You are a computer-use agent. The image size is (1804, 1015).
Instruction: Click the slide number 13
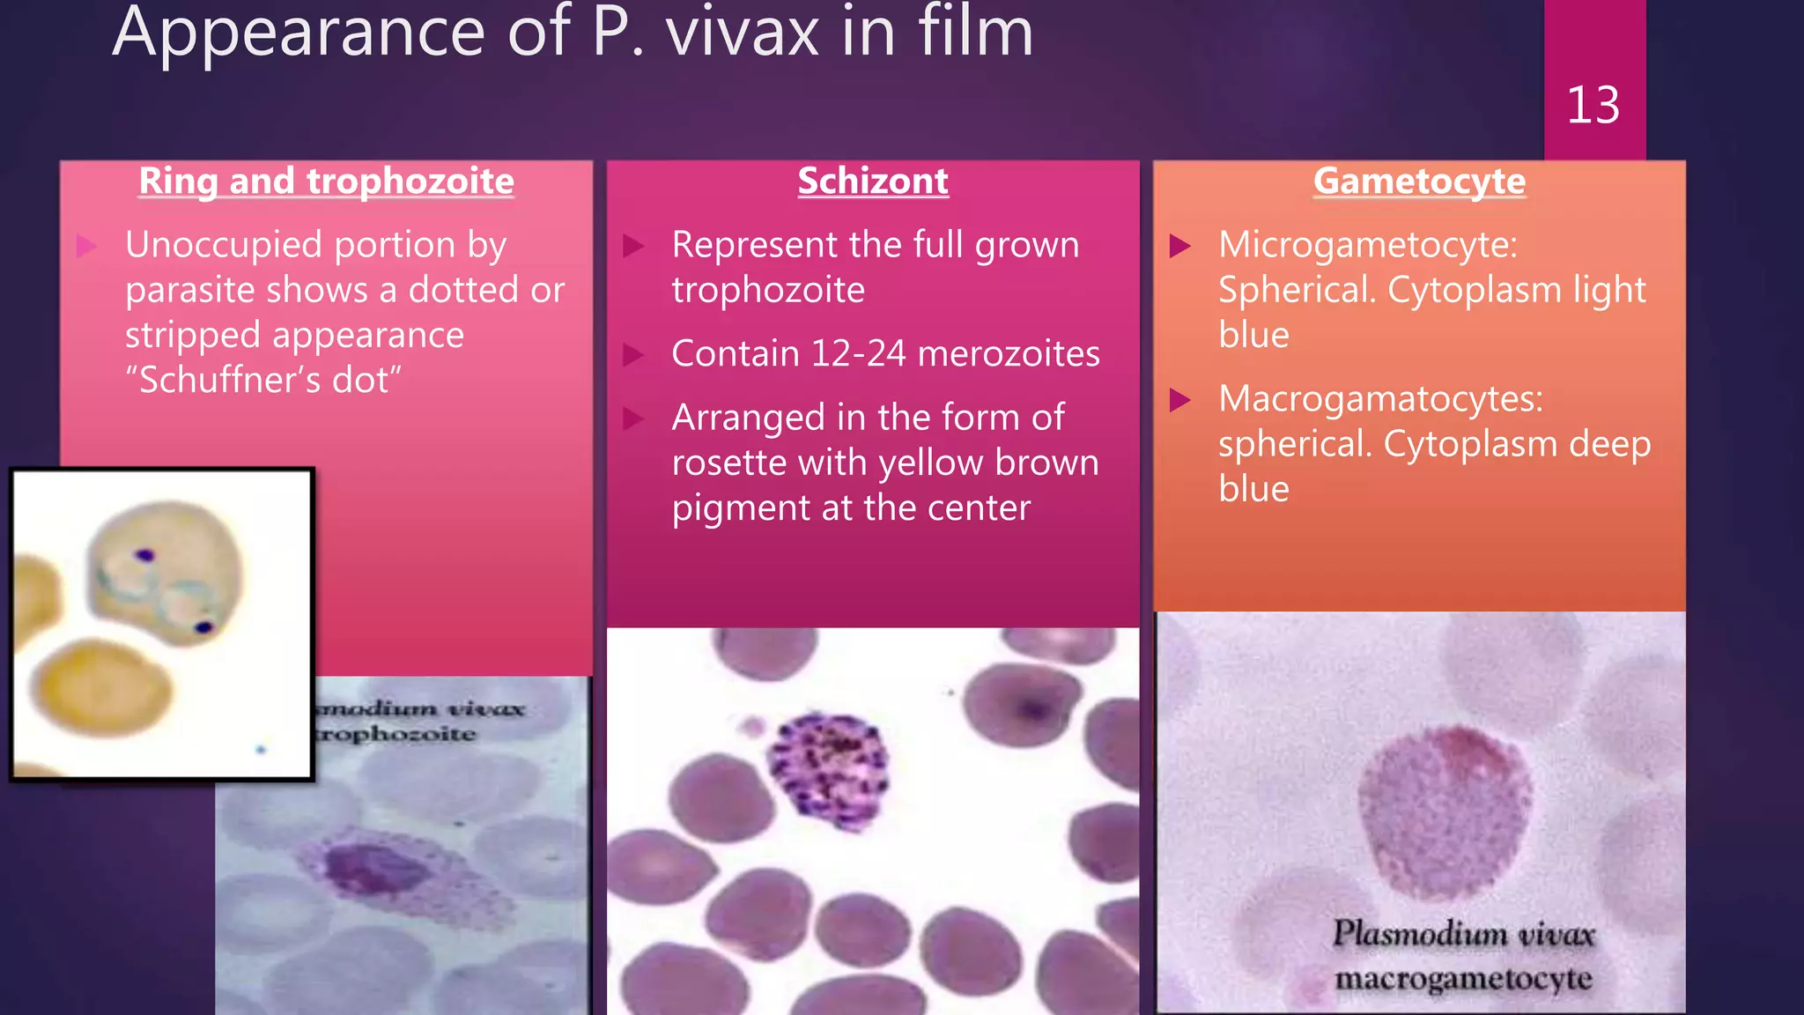tap(1593, 105)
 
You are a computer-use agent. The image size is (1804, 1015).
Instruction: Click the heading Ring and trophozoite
tap(326, 182)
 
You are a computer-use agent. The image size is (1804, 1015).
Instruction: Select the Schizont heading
tap(872, 182)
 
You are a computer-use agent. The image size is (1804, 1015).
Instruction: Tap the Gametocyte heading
tap(1419, 182)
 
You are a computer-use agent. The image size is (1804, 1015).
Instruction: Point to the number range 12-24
tap(858, 354)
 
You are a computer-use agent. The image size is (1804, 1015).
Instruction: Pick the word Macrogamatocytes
tap(1379, 399)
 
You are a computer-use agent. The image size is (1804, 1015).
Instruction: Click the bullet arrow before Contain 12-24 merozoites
tap(633, 354)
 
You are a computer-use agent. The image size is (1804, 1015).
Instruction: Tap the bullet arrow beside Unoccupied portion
tap(86, 245)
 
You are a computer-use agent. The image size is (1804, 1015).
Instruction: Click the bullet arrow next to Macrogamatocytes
tap(1179, 400)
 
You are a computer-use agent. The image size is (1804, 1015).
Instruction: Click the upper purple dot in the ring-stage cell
tap(144, 555)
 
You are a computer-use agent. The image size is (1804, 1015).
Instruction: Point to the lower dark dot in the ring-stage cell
tap(204, 626)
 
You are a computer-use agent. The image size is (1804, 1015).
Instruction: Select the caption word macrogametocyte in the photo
tap(1462, 979)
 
